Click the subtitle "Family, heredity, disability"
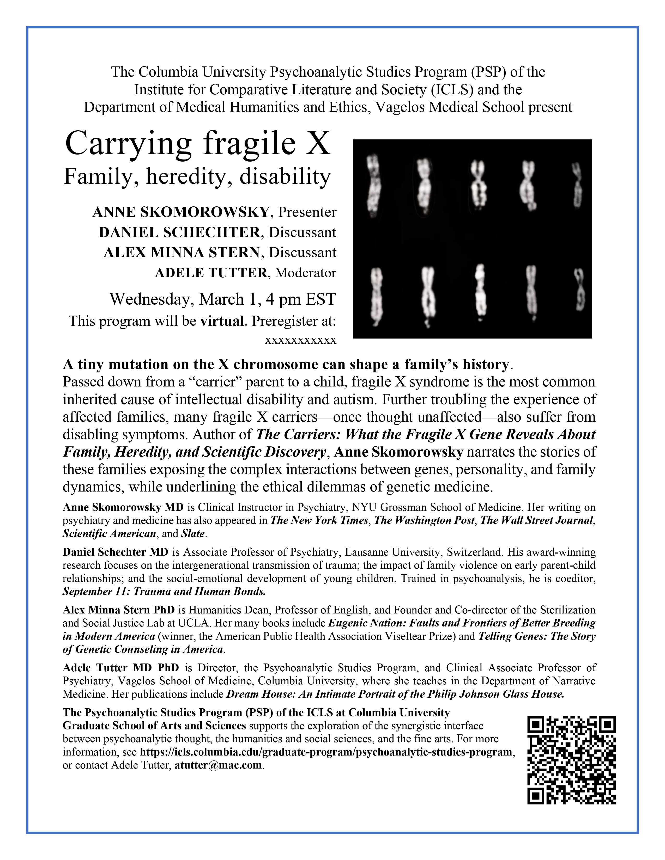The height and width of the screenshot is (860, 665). (x=197, y=177)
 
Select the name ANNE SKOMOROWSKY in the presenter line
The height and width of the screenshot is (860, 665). (x=180, y=212)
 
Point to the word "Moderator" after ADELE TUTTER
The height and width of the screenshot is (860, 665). (x=305, y=273)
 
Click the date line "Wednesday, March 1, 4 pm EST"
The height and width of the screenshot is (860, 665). (x=223, y=299)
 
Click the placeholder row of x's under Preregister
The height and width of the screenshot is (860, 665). (x=301, y=340)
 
